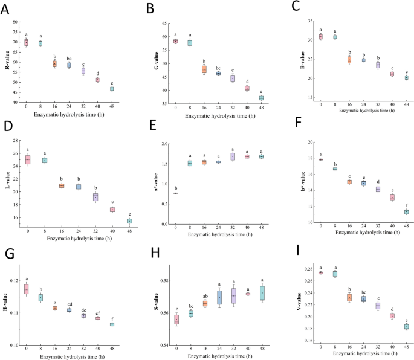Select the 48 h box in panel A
click(x=111, y=89)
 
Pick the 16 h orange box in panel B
click(x=204, y=69)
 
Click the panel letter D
click(x=8, y=128)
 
